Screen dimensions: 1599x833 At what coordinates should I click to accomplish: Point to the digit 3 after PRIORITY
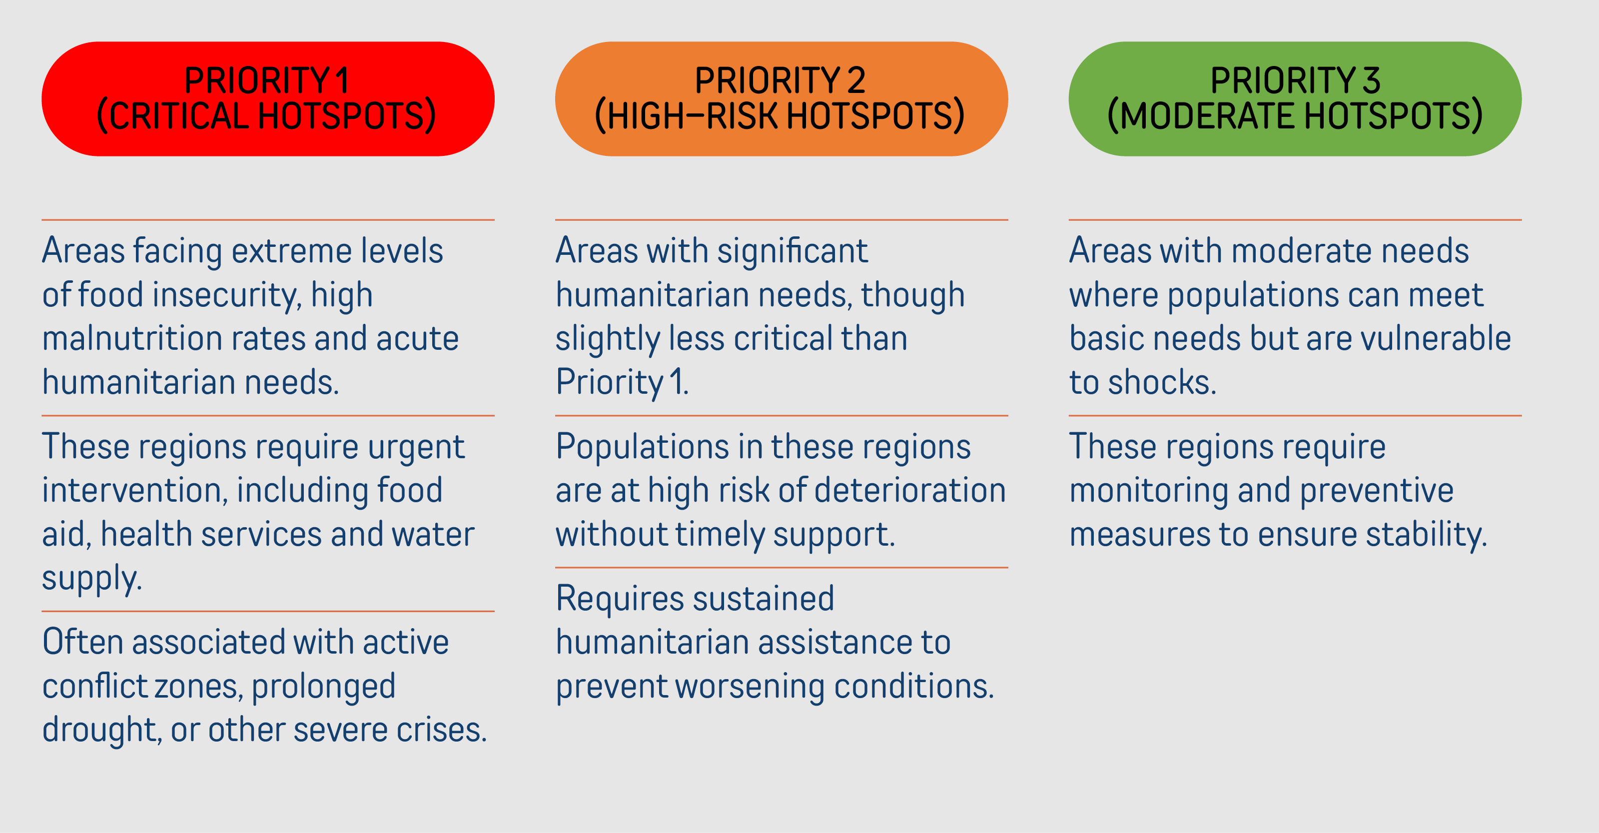[x=1371, y=80]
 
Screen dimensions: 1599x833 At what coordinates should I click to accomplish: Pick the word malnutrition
[x=131, y=338]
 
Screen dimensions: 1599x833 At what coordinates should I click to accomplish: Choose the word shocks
[x=1162, y=382]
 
